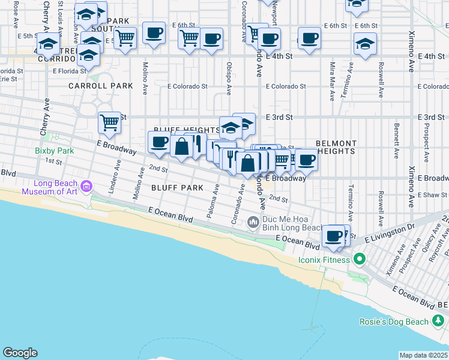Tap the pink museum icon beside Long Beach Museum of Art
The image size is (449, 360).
(87, 187)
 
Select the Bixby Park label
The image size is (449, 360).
(54, 151)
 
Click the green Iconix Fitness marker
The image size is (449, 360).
(360, 260)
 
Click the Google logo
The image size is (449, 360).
(20, 353)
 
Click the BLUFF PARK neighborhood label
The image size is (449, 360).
(177, 188)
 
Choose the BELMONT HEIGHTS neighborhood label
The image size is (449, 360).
(336, 148)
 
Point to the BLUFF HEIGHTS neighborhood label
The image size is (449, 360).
(187, 130)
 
